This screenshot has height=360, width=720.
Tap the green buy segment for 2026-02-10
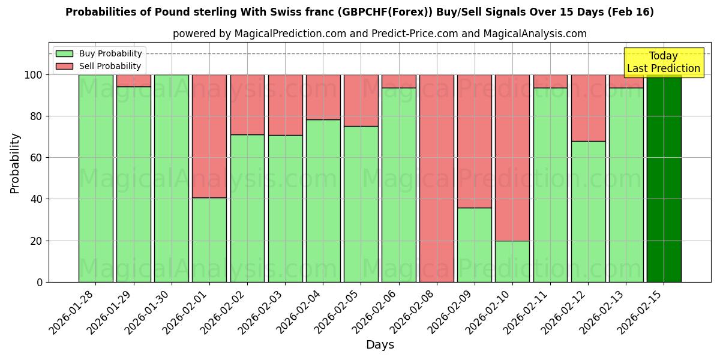(512, 261)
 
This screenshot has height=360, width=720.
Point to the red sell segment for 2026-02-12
(588, 108)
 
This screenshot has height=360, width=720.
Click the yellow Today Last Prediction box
(663, 62)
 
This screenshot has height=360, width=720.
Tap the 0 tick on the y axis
(40, 282)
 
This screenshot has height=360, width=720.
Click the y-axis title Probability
(15, 163)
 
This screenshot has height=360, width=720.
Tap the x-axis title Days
(380, 345)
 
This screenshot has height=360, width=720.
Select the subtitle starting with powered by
(380, 34)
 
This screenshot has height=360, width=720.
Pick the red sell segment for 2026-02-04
(323, 97)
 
